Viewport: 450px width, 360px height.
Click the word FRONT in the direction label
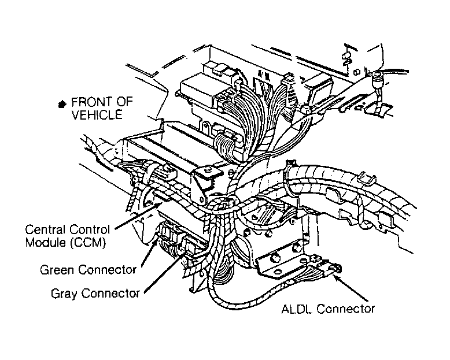(x=91, y=102)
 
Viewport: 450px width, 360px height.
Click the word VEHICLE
(x=97, y=115)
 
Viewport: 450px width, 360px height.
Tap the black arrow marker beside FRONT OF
(x=62, y=105)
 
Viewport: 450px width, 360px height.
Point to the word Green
(x=57, y=270)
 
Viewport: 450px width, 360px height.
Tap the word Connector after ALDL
(x=345, y=309)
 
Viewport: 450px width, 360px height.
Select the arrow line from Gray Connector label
(x=164, y=273)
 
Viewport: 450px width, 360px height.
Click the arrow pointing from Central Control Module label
(x=138, y=216)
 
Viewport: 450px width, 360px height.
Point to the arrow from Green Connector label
(x=150, y=253)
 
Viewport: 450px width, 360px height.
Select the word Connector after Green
(x=108, y=270)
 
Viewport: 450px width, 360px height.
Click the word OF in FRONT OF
(x=124, y=102)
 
